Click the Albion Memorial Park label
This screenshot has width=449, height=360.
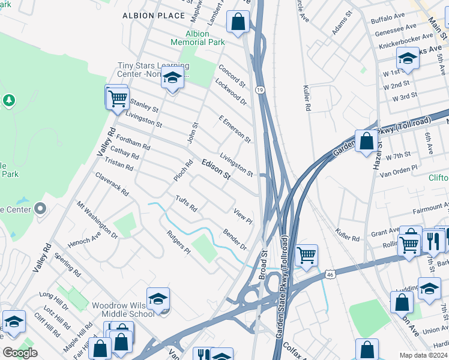coord(197,38)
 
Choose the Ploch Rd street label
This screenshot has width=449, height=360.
coord(183,170)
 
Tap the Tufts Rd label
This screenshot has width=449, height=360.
coord(186,203)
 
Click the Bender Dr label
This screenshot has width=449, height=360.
coord(235,239)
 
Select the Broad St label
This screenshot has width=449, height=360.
coord(262,265)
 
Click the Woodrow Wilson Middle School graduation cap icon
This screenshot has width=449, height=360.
coord(158,299)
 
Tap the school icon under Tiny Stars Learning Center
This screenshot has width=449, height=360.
coord(172,77)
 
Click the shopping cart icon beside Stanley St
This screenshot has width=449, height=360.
coord(118,97)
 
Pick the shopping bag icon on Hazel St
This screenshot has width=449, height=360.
coord(366,142)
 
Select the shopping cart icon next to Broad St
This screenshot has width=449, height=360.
coord(306,256)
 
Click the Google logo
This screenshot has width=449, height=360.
coord(20,353)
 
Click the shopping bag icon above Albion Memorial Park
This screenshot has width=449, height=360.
coord(238,21)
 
